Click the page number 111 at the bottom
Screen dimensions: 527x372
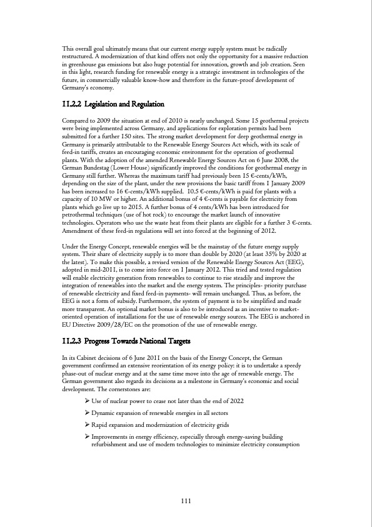pos(186,500)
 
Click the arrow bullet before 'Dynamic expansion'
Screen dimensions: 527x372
pos(87,413)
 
